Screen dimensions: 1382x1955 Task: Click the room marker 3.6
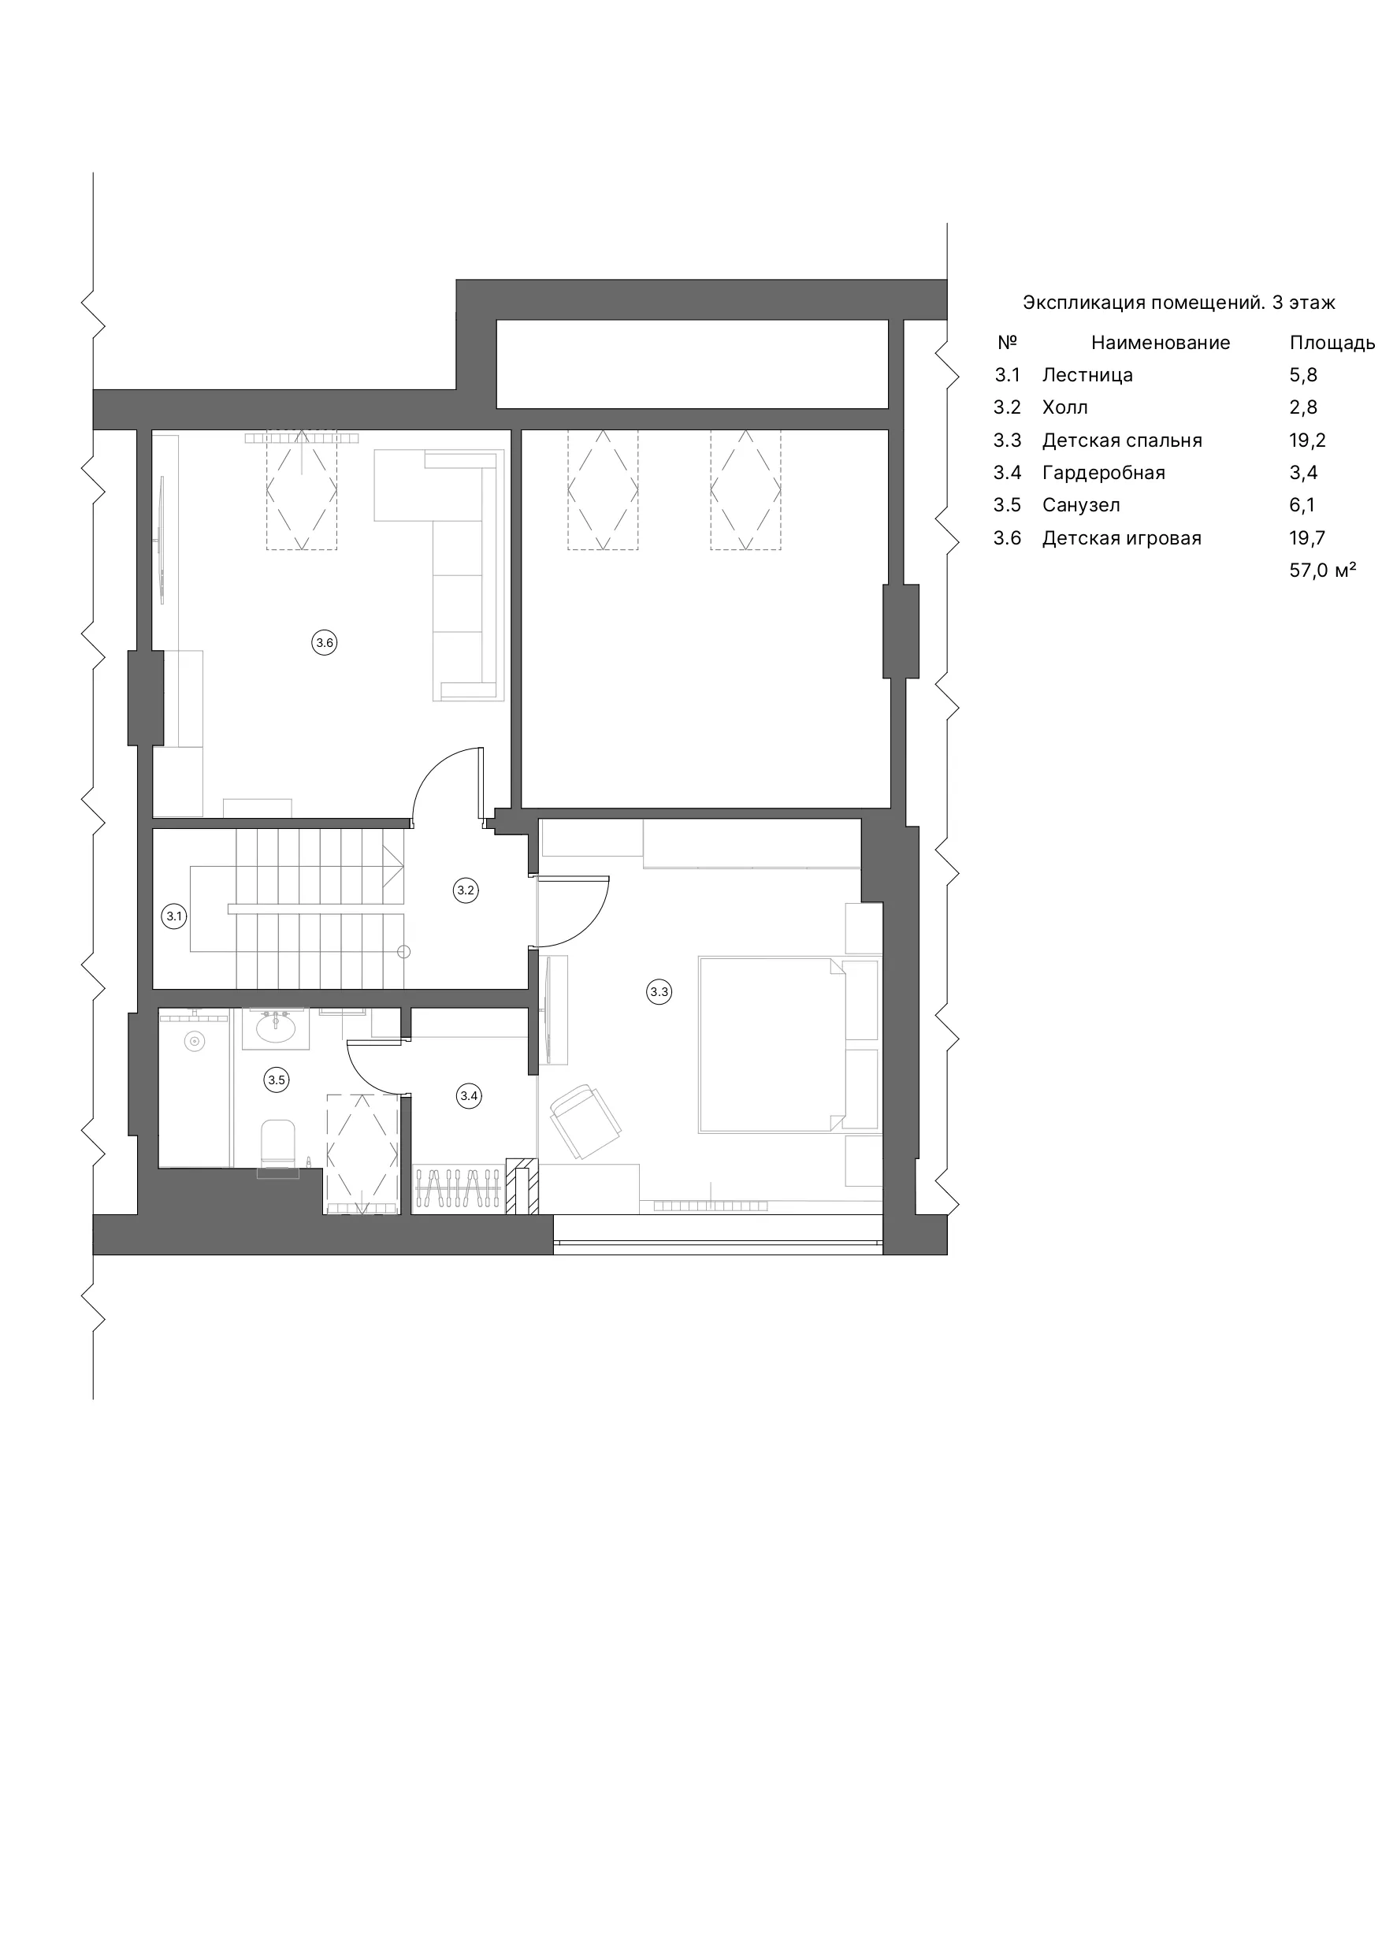click(325, 643)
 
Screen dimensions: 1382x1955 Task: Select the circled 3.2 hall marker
click(466, 890)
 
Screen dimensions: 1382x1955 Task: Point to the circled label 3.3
click(659, 991)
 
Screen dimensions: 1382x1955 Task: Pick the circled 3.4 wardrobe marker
click(469, 1096)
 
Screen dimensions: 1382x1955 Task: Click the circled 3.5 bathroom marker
click(277, 1080)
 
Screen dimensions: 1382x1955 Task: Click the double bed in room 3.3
click(771, 1045)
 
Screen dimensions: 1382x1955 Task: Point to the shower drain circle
click(195, 1040)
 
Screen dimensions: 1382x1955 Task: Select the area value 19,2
click(1307, 441)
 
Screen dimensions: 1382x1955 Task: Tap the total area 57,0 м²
click(1322, 571)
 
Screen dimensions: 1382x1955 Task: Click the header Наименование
click(1161, 343)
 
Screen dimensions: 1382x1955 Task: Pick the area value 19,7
click(1307, 538)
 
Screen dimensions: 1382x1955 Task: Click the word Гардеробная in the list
click(1104, 474)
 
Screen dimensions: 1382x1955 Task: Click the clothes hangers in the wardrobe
click(458, 1188)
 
